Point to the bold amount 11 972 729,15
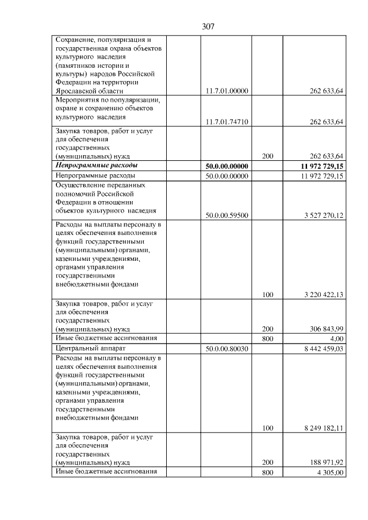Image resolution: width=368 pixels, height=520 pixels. point(318,166)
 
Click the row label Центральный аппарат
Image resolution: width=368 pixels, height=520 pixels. point(90,348)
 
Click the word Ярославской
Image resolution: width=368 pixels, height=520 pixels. point(78,91)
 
